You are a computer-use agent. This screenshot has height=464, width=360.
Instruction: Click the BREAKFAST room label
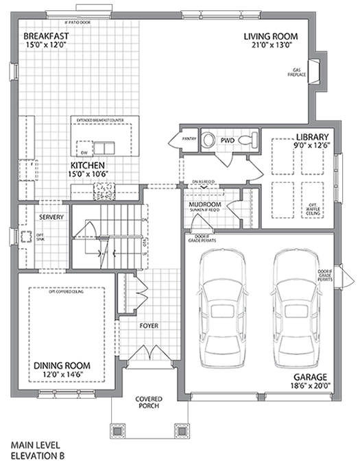[45, 36]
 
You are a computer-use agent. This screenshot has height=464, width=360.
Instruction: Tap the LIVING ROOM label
[273, 37]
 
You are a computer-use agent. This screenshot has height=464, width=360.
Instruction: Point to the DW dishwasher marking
[84, 152]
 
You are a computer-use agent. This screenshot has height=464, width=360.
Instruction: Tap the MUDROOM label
[204, 204]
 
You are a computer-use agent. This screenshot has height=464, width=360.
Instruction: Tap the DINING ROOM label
[63, 365]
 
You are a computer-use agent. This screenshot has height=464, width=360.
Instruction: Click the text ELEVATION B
[38, 455]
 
